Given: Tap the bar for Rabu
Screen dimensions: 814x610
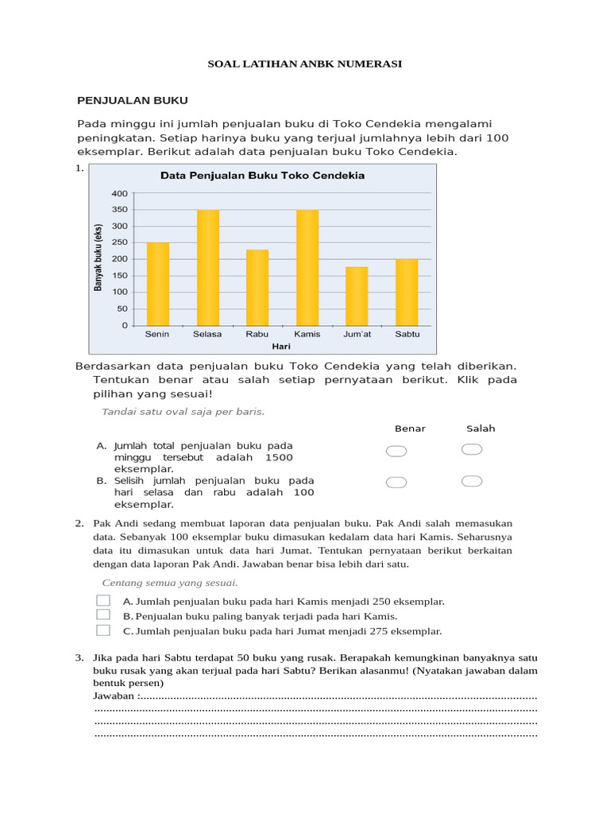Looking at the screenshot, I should [x=257, y=287].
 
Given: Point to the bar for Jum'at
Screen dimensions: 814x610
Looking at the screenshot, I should [x=357, y=296].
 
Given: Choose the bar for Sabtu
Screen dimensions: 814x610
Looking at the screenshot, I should [x=407, y=292].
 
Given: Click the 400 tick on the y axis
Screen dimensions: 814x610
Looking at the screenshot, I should [x=119, y=193].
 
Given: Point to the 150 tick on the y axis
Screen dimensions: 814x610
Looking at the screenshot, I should [x=119, y=276].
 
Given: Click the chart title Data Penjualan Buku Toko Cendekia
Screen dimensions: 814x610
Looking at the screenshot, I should [x=263, y=176].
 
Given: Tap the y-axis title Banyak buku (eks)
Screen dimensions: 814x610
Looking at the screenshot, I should [x=99, y=258].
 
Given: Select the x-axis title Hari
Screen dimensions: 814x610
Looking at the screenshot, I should [x=281, y=347].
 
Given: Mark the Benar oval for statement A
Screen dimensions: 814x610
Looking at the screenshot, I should [x=396, y=452].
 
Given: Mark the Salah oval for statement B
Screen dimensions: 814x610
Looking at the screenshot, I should [x=472, y=481].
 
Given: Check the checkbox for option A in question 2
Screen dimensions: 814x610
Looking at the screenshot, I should [x=103, y=601].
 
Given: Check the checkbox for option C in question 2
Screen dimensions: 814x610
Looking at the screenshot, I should [x=103, y=630].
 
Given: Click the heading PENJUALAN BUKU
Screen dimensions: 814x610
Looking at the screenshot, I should [x=132, y=100].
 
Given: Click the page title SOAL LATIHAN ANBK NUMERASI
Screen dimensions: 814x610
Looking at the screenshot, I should [x=305, y=64].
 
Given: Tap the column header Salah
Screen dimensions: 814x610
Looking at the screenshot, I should [x=481, y=428].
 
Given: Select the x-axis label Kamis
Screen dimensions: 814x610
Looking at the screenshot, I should [x=307, y=334].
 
